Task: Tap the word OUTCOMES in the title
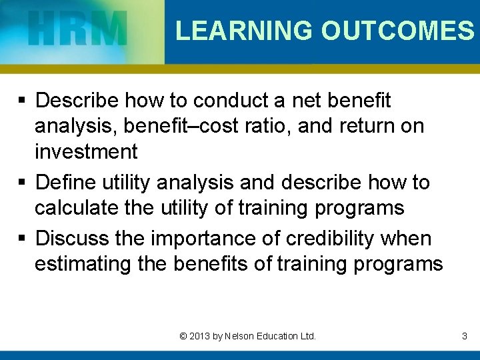[397, 31]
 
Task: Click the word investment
[86, 152]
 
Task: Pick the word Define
[65, 182]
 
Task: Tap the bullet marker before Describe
[23, 101]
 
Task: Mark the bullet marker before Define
[23, 183]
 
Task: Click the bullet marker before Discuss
[23, 239]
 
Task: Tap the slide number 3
[464, 337]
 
